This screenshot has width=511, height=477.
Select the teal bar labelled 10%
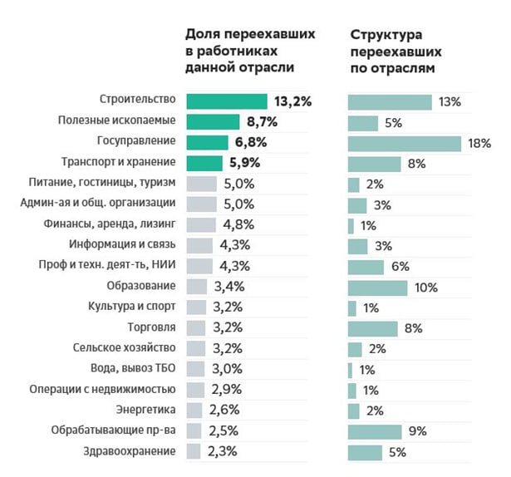tap(377, 288)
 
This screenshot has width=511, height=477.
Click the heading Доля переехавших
tap(249, 36)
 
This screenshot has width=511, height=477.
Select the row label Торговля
tap(150, 327)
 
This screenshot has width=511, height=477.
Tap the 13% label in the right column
tap(450, 102)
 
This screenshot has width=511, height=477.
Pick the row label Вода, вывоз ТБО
tap(132, 369)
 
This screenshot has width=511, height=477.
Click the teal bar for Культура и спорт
tap(352, 307)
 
